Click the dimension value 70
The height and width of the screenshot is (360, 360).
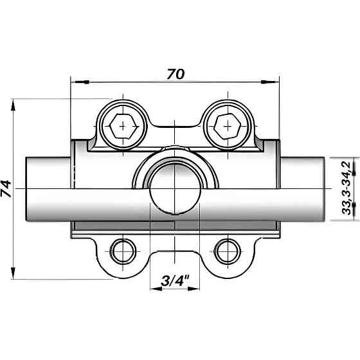pos(175,73)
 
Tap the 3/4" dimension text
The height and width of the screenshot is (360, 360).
pos(174,280)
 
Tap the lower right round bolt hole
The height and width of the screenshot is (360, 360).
pos(227,251)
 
